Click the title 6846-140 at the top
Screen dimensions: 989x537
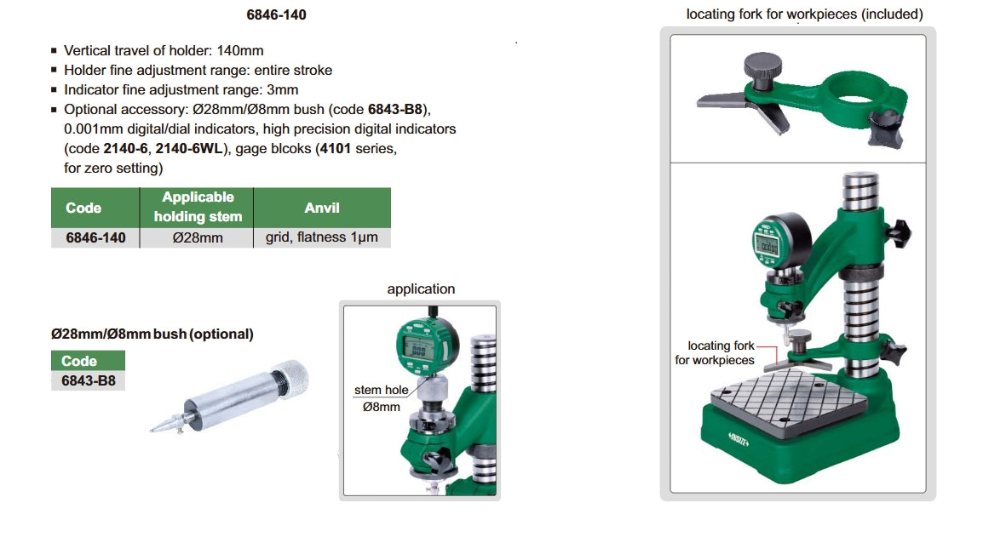point(276,14)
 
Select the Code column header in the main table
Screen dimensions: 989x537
point(83,208)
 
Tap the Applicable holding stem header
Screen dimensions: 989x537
point(198,207)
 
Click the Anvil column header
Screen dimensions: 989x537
point(322,208)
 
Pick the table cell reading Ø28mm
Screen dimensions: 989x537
point(198,237)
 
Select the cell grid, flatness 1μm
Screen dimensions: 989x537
point(322,237)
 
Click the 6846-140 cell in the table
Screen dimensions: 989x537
point(96,237)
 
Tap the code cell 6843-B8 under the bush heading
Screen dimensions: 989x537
point(89,380)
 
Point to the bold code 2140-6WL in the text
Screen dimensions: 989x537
point(189,149)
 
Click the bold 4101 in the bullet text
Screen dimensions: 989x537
point(335,149)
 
